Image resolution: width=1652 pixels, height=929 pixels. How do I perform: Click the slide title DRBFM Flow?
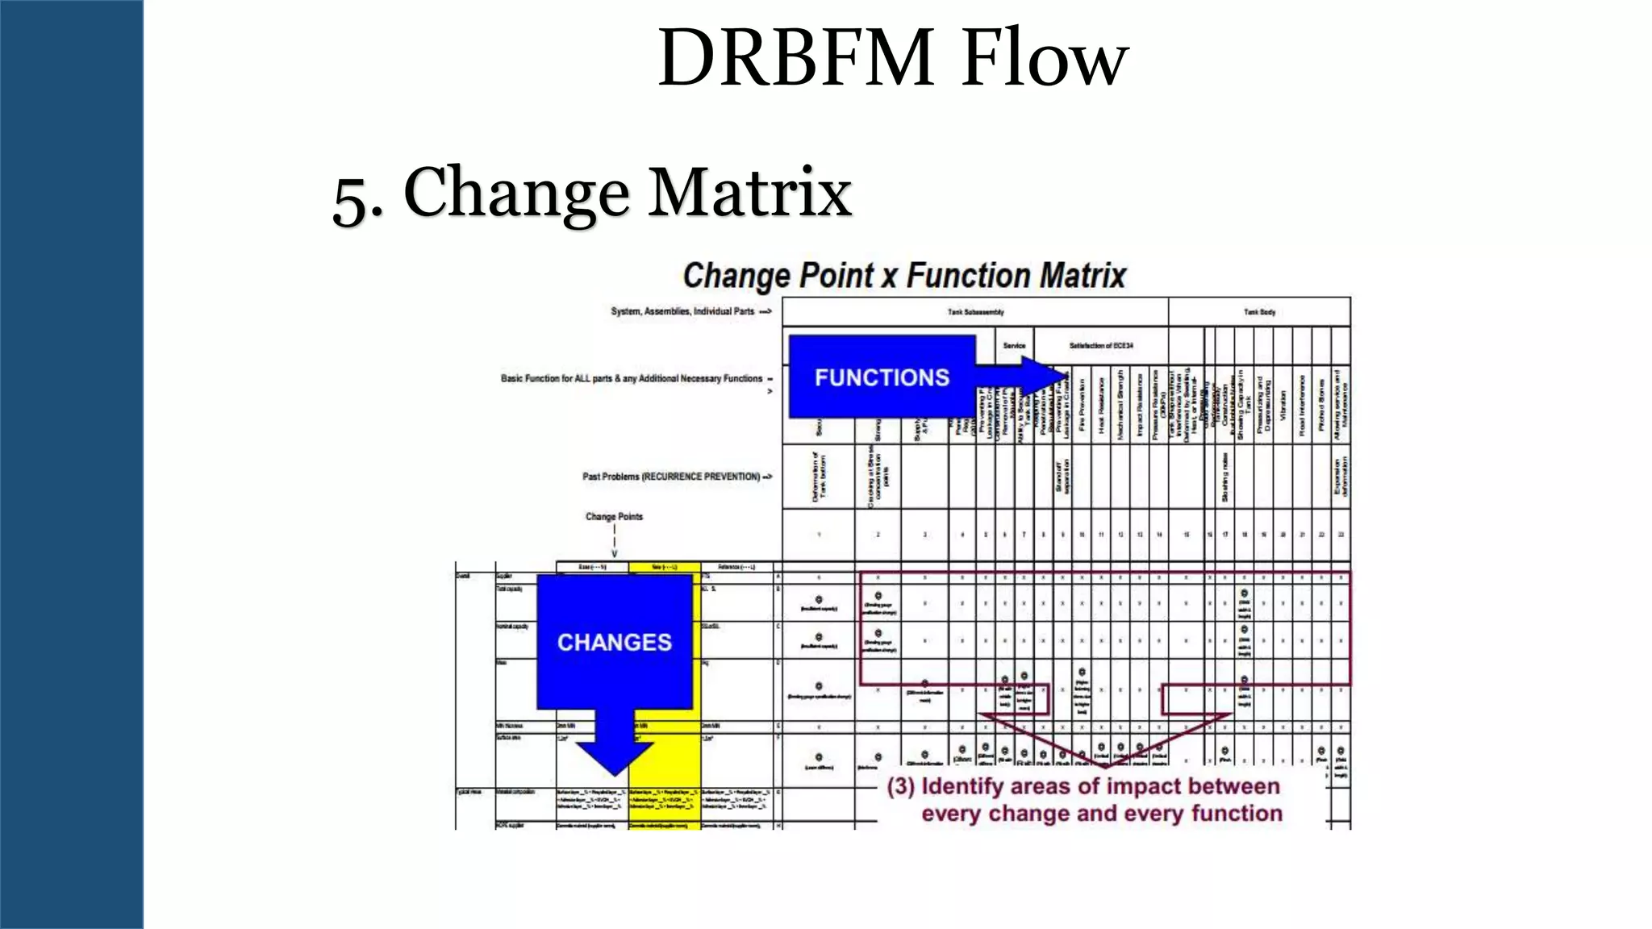[x=892, y=58]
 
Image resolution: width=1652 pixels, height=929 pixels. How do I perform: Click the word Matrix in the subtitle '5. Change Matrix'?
[x=750, y=193]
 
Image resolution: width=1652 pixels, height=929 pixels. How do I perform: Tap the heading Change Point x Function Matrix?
[x=903, y=276]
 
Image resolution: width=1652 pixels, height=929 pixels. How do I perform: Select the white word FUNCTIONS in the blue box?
[x=882, y=377]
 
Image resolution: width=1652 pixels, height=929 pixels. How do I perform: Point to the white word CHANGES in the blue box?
[x=614, y=642]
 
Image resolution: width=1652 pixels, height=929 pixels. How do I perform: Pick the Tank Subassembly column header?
[x=975, y=312]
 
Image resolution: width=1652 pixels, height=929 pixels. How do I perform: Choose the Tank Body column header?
[x=1259, y=312]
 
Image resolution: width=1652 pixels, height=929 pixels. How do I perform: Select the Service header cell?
[x=1014, y=346]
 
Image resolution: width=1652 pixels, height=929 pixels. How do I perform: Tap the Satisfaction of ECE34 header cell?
[x=1101, y=346]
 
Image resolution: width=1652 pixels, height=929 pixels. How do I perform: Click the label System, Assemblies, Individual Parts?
[x=682, y=311]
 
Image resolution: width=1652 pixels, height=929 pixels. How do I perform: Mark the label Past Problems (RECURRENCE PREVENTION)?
[x=671, y=477]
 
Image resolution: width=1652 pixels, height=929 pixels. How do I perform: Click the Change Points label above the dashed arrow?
[x=614, y=516]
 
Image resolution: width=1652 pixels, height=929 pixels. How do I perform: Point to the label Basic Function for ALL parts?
[x=632, y=378]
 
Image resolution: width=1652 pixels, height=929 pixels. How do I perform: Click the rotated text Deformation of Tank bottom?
[x=819, y=477]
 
